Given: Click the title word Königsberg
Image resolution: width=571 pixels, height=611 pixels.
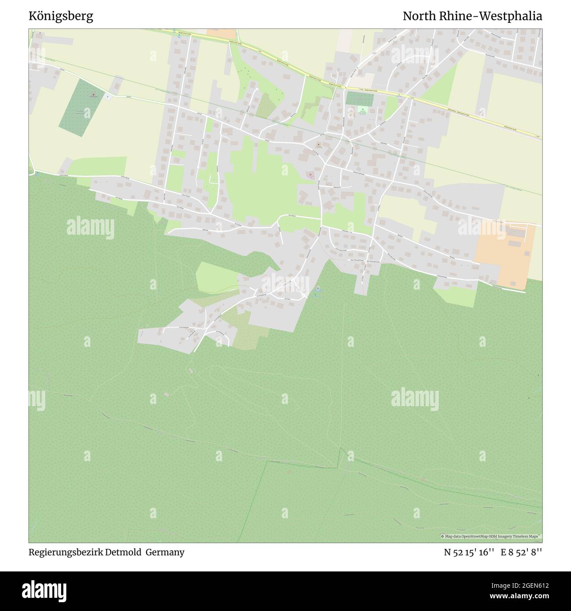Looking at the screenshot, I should [x=61, y=17].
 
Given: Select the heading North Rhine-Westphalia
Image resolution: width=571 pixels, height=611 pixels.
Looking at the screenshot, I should [x=472, y=17].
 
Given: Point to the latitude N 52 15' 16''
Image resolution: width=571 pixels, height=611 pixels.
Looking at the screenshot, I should [x=469, y=552].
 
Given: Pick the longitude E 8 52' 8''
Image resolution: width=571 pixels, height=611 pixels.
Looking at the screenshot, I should [x=521, y=552].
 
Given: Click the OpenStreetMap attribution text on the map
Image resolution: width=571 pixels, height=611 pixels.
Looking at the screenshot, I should [x=492, y=536].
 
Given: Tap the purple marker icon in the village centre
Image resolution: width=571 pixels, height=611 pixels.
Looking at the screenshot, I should [x=311, y=176].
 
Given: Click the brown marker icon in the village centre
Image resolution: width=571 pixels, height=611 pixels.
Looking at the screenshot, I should [x=319, y=145].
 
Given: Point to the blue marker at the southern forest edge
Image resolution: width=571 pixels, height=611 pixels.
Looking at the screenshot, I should [x=318, y=289].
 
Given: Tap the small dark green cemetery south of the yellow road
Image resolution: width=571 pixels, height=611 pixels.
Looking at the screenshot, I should [x=359, y=98].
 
